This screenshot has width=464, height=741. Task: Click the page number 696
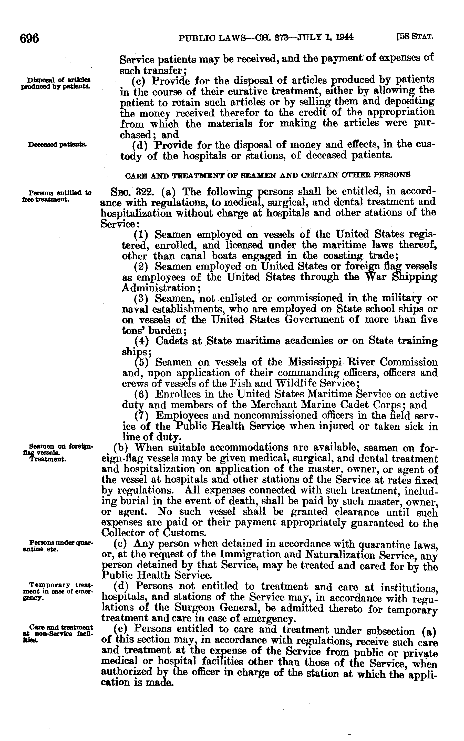29,38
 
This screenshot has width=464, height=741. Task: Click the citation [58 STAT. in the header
415,37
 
